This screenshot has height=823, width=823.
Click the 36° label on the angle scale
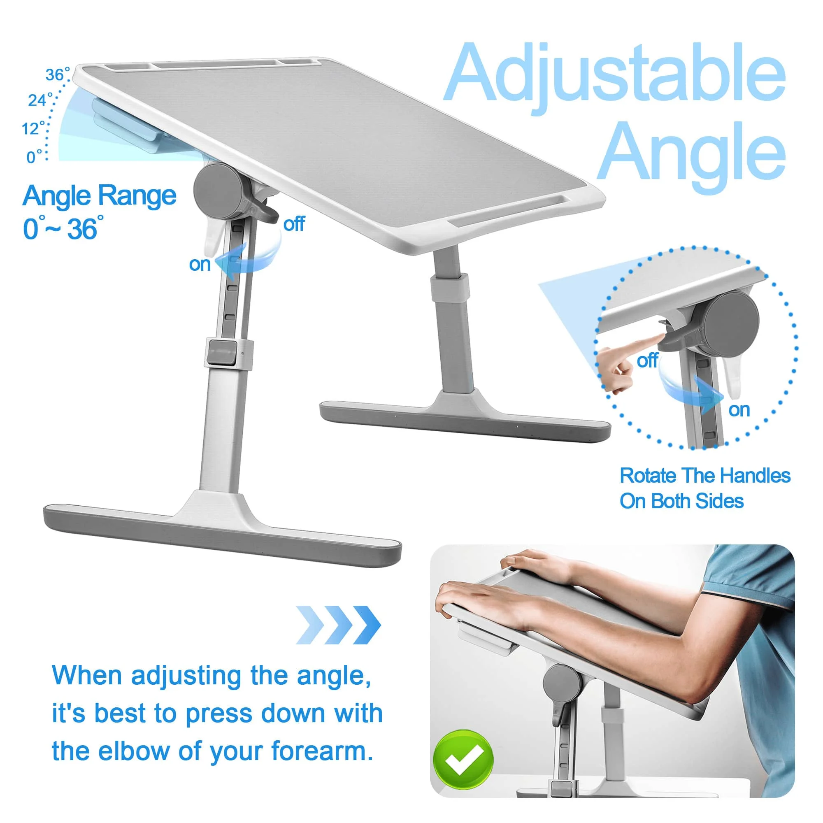click(x=57, y=75)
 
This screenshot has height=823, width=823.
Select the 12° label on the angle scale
click(x=33, y=128)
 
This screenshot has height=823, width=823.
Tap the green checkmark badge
click(x=463, y=760)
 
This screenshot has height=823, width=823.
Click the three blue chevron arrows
click(x=338, y=625)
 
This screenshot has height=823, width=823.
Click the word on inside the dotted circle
click(x=739, y=410)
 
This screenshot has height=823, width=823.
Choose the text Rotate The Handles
click(x=704, y=476)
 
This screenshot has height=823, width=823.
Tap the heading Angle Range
click(x=100, y=196)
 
